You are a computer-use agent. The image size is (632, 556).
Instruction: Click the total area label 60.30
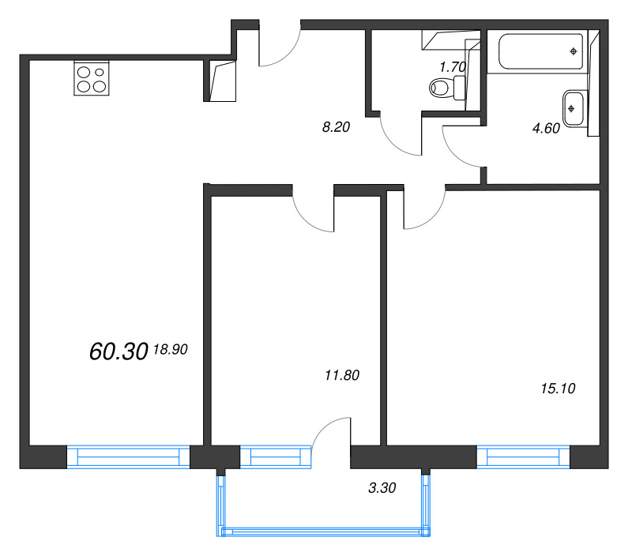pyautogui.click(x=118, y=351)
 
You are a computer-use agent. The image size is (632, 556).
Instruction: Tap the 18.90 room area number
pyautogui.click(x=171, y=349)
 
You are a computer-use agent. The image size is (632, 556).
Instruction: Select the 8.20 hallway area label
pyautogui.click(x=336, y=127)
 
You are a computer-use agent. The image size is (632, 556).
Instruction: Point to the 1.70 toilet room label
pyautogui.click(x=453, y=67)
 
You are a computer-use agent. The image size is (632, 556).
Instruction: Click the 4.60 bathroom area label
pyautogui.click(x=546, y=128)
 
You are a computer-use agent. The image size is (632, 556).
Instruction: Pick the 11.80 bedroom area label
pyautogui.click(x=342, y=375)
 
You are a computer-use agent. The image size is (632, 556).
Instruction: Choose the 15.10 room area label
pyautogui.click(x=558, y=389)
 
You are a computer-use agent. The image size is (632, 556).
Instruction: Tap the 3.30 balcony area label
pyautogui.click(x=382, y=488)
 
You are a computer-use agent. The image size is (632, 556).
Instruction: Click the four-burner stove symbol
pyautogui.click(x=92, y=78)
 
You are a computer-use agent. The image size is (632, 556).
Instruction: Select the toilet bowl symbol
pyautogui.click(x=447, y=88)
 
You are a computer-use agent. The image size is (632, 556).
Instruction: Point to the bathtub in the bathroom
pyautogui.click(x=541, y=51)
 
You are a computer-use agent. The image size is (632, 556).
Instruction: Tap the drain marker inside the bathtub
pyautogui.click(x=574, y=51)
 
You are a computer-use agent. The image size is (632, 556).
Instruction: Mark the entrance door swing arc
pyautogui.click(x=288, y=56)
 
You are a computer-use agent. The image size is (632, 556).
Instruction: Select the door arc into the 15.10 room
pyautogui.click(x=432, y=217)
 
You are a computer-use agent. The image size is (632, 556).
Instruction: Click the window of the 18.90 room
pyautogui.click(x=128, y=457)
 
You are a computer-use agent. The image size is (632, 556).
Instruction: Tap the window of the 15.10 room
pyautogui.click(x=523, y=457)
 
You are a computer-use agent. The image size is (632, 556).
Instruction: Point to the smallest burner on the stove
pyautogui.click(x=100, y=73)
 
